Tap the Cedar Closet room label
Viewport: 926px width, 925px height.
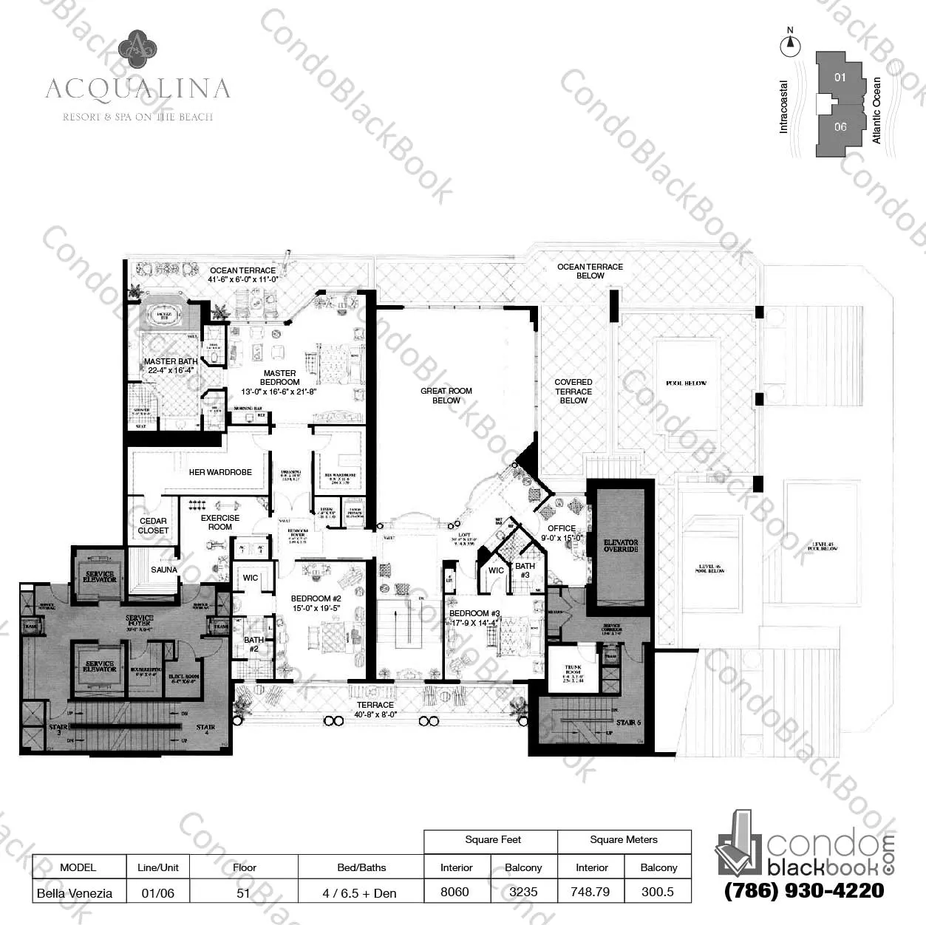pos(153,525)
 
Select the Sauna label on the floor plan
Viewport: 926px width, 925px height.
pos(164,570)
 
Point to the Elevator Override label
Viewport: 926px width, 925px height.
pos(621,545)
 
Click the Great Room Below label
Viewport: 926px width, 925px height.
pos(446,395)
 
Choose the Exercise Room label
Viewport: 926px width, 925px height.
pos(220,522)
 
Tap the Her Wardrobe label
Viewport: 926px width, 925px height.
pos(220,472)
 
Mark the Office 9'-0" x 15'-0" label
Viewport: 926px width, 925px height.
pos(562,533)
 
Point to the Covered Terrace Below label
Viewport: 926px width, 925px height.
pos(573,391)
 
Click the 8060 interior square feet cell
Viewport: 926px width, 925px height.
pos(455,892)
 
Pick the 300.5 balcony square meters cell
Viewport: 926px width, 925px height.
pos(658,892)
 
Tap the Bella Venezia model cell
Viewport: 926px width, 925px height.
pos(75,892)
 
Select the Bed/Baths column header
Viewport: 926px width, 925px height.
pos(361,867)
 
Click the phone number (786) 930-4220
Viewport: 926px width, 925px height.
pos(804,890)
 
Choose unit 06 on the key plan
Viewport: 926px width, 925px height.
pos(840,127)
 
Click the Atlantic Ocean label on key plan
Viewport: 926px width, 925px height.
pos(877,110)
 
